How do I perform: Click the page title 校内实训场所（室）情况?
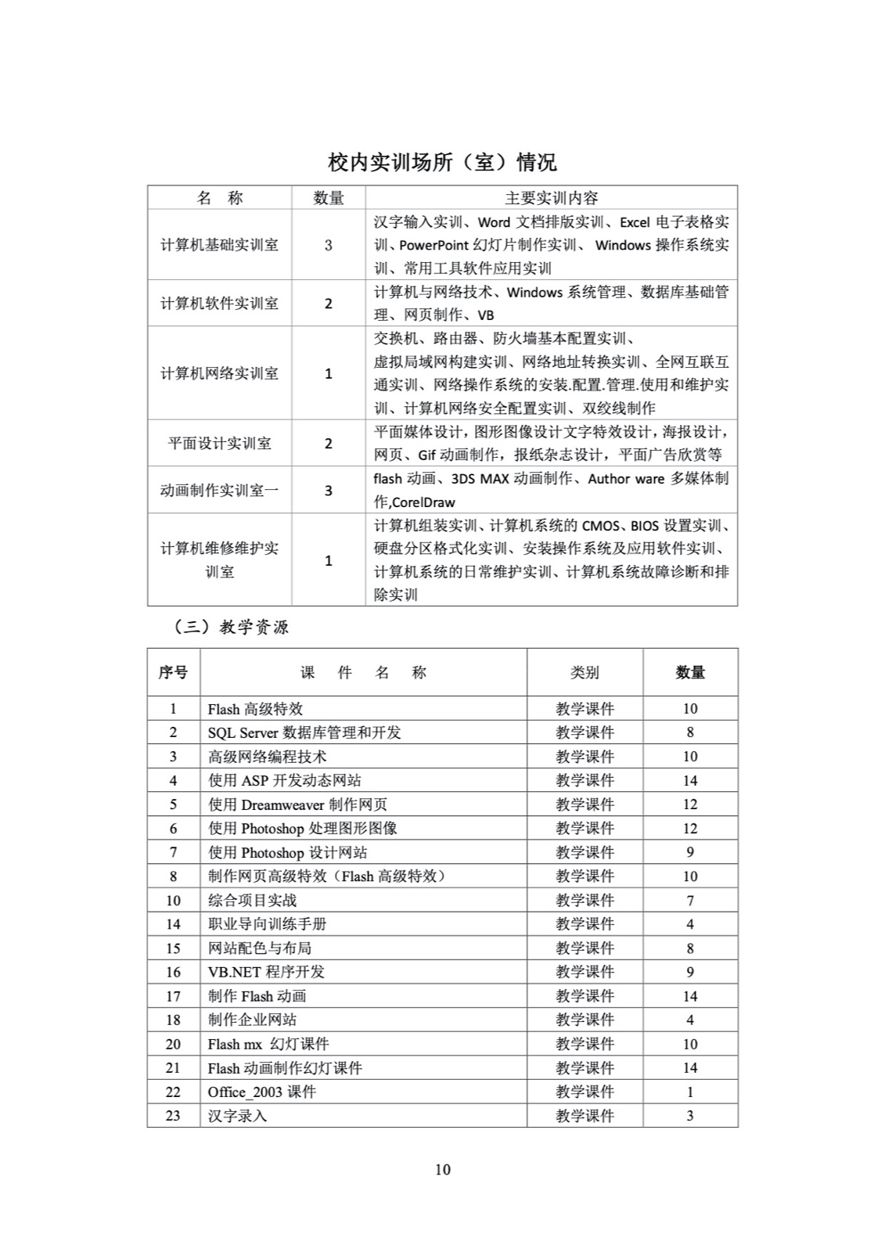(x=442, y=162)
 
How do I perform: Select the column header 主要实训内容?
(x=551, y=198)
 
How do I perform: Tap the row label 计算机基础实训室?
(x=219, y=245)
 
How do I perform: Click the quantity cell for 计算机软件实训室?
(x=329, y=304)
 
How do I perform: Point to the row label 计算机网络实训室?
(x=219, y=373)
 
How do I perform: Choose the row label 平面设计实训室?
(x=219, y=444)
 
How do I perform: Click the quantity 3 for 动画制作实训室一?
(x=329, y=491)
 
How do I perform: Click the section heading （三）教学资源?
(x=230, y=627)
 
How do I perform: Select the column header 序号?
(x=173, y=672)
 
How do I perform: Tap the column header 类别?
(x=585, y=672)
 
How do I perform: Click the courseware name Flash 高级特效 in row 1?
(x=255, y=709)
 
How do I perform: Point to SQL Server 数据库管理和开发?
(x=304, y=732)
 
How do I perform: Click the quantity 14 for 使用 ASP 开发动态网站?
(x=689, y=780)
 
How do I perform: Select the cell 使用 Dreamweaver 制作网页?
(x=297, y=804)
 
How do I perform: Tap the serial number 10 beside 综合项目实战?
(x=173, y=901)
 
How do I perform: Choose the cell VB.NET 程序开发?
(x=266, y=972)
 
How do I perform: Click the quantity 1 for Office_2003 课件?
(x=689, y=1092)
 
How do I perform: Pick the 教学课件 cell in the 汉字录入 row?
(x=585, y=1116)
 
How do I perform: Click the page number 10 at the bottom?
(x=442, y=1169)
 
